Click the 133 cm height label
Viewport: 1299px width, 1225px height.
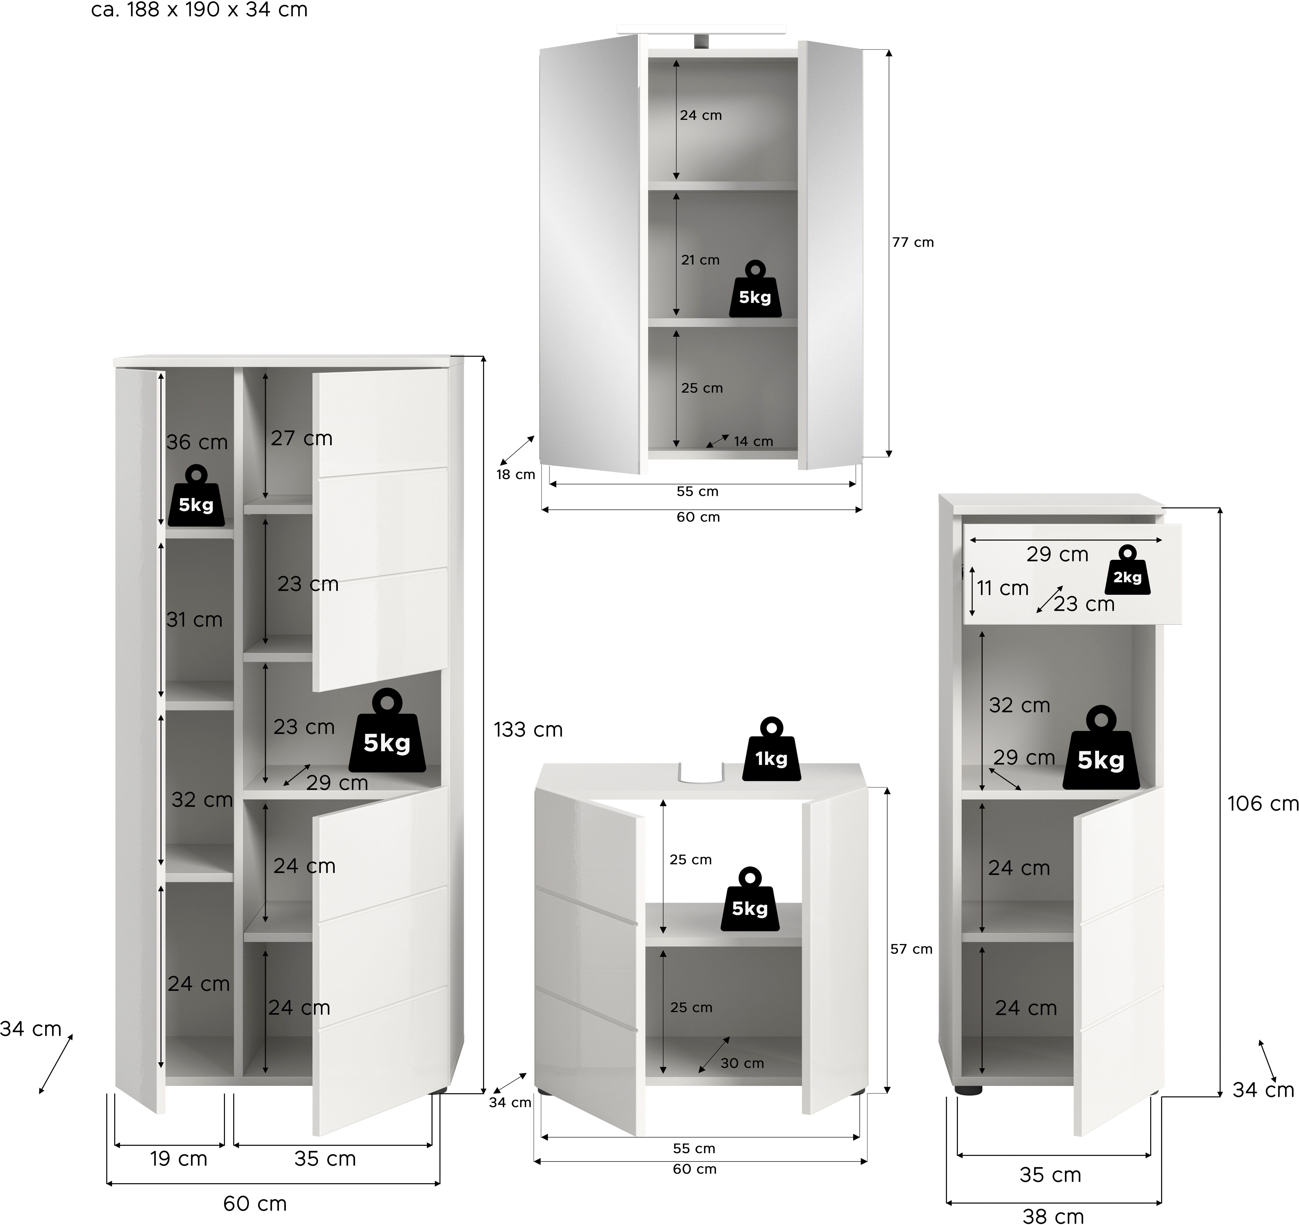528,730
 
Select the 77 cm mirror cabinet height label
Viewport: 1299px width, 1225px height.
913,242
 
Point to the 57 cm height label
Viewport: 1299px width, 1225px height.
911,949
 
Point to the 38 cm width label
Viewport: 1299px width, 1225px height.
1053,1215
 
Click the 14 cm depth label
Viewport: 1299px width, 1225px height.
753,442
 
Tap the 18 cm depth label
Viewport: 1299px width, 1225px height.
516,475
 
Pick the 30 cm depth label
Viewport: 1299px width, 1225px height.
742,1064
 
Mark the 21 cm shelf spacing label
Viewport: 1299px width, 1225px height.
700,260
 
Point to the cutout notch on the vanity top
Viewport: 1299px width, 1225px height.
700,771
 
